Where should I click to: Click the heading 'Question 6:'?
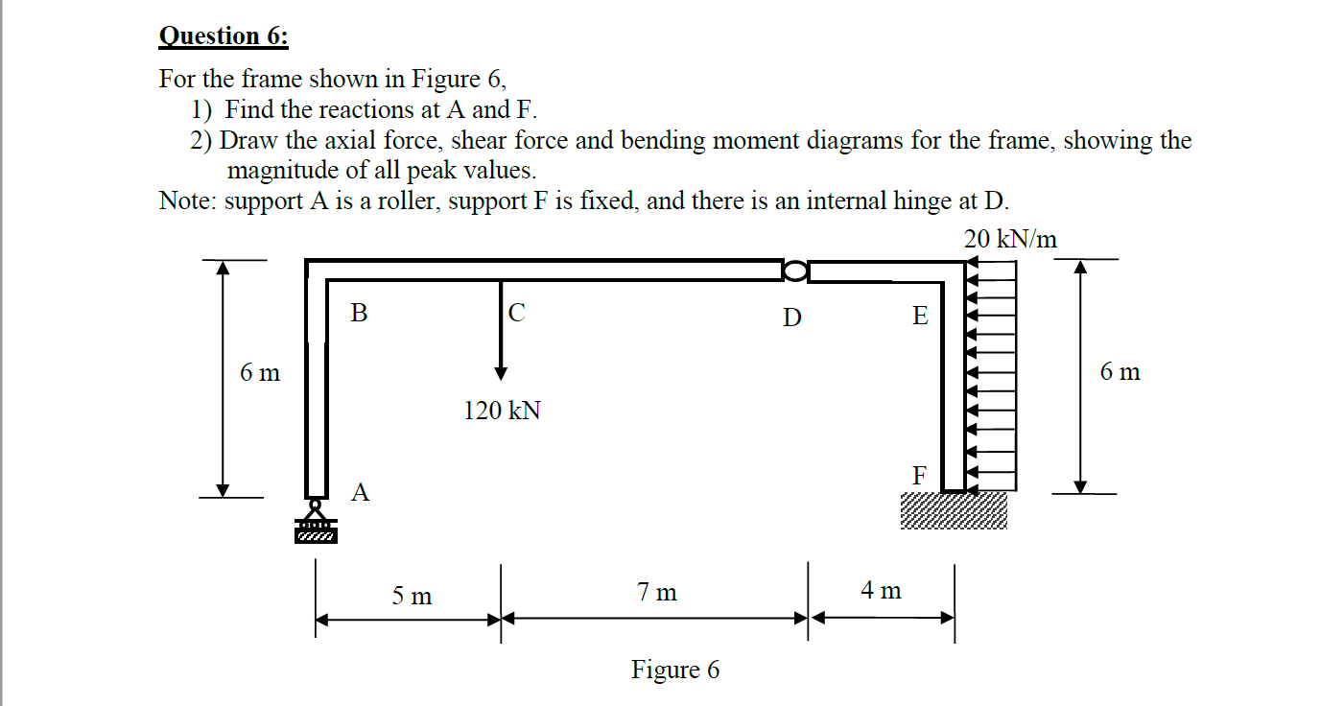223,36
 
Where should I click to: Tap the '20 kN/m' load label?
1010,240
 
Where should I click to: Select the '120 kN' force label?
502,412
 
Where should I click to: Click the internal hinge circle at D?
795,271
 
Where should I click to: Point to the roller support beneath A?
316,522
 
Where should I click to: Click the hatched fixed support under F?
954,510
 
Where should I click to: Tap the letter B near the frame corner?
359,313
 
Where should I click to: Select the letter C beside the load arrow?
516,313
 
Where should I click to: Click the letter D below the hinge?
791,317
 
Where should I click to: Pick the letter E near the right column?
920,316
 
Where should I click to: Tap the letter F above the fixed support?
920,475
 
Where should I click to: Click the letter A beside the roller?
360,493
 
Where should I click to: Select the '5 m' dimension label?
412,596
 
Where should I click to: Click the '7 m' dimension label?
657,593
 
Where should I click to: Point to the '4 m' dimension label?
881,591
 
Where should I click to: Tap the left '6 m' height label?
260,372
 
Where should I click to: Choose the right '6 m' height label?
1120,372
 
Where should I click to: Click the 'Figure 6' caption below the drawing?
674,670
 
